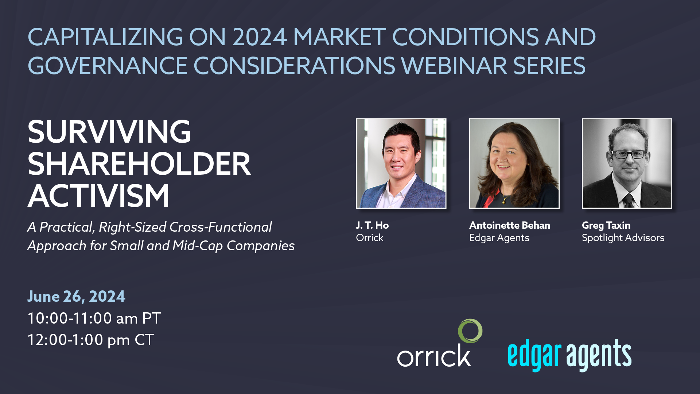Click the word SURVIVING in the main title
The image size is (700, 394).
pyautogui.click(x=109, y=132)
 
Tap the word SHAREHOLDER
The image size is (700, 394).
pyautogui.click(x=139, y=164)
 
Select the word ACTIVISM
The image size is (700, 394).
pyautogui.click(x=98, y=196)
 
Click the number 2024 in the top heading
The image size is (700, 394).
pyautogui.click(x=259, y=37)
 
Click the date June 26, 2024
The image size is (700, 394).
pyautogui.click(x=76, y=296)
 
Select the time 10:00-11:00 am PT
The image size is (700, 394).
pyautogui.click(x=94, y=318)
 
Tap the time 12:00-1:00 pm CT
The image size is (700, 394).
pyautogui.click(x=91, y=340)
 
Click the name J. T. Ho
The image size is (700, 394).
pyautogui.click(x=372, y=225)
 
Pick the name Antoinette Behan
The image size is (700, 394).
pyautogui.click(x=510, y=225)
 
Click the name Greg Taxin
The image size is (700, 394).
pyautogui.click(x=606, y=225)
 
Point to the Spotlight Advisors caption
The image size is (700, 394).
pyautogui.click(x=623, y=238)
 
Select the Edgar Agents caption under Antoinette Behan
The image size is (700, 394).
pyautogui.click(x=499, y=238)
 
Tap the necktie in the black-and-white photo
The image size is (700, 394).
pyautogui.click(x=628, y=200)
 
